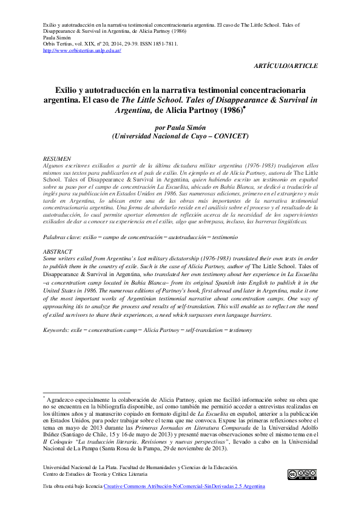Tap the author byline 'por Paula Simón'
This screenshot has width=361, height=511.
pos(181,128)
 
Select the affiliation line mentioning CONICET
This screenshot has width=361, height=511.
pos(181,137)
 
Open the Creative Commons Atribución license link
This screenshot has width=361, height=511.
pos(184,487)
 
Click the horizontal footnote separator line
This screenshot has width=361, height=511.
pos(87,393)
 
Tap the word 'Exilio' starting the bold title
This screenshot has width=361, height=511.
pos(66,90)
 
